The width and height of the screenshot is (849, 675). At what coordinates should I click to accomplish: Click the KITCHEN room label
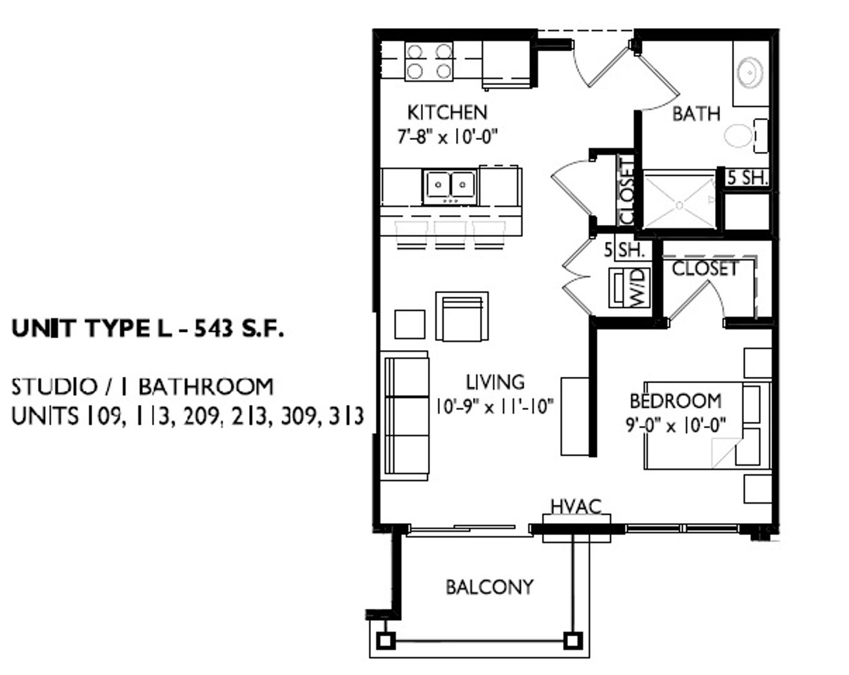click(x=447, y=112)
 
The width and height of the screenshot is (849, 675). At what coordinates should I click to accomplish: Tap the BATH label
click(x=696, y=114)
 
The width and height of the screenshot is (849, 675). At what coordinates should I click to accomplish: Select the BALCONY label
click(x=490, y=587)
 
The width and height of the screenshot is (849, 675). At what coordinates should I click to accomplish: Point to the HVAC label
click(x=576, y=507)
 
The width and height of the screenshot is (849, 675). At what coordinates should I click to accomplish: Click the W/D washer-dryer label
click(x=639, y=287)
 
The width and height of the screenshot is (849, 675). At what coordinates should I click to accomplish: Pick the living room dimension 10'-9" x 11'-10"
click(x=494, y=406)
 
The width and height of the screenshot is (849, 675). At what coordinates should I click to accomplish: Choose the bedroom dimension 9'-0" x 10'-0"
click(x=676, y=426)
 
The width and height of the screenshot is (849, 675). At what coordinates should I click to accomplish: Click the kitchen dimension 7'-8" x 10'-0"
click(x=447, y=137)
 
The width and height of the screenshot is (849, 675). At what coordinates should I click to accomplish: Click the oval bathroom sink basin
click(x=750, y=73)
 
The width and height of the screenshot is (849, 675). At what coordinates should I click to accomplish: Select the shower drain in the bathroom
click(x=679, y=205)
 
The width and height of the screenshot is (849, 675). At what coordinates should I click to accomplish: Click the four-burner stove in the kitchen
click(x=429, y=61)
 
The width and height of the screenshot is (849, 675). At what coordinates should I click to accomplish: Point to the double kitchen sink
click(x=450, y=187)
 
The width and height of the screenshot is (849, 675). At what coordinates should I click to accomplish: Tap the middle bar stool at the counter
click(x=450, y=235)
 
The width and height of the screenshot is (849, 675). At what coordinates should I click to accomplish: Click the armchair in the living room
click(x=462, y=316)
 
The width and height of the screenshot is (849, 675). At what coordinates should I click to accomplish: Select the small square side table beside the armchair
click(x=410, y=324)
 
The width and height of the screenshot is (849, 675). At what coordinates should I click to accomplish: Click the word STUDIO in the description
click(x=54, y=386)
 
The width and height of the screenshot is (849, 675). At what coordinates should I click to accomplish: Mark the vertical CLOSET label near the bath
click(x=626, y=191)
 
